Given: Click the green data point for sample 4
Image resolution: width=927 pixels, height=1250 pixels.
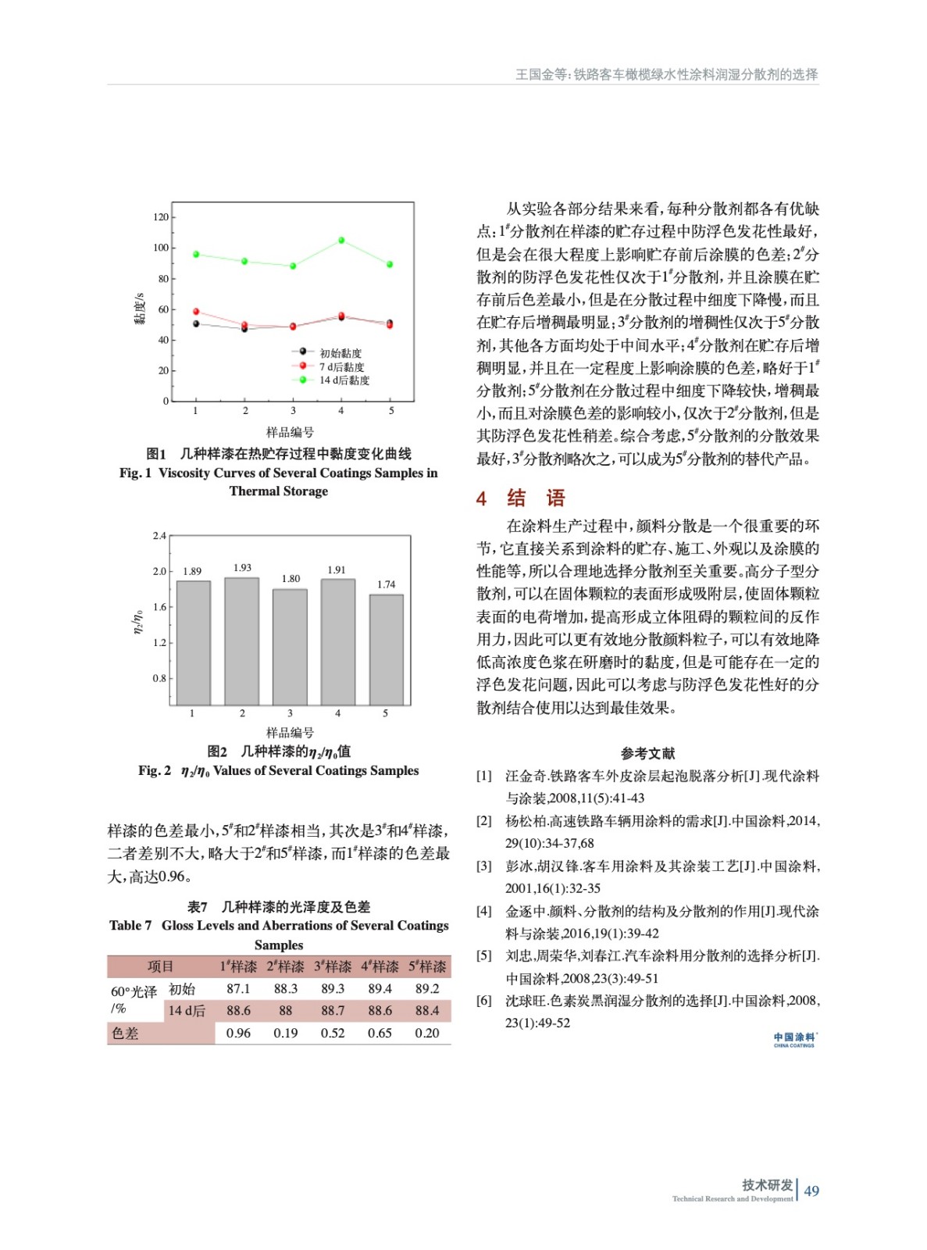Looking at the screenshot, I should [x=341, y=241].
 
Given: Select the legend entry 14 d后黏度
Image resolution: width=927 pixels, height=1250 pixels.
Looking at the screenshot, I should [x=344, y=380].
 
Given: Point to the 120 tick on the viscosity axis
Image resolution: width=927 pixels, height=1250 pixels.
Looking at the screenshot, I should [x=161, y=217].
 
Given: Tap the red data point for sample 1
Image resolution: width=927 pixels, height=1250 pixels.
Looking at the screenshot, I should [x=196, y=312].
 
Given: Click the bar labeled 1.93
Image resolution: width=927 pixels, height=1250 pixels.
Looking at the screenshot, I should [x=242, y=641].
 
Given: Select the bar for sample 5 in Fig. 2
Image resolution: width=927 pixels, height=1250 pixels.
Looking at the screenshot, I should [x=386, y=649].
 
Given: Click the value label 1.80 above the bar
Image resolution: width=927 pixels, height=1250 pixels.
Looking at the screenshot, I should [x=291, y=579].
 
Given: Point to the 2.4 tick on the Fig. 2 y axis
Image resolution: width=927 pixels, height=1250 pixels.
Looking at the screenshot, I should [x=159, y=536].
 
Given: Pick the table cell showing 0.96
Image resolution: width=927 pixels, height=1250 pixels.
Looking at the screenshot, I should [x=238, y=1033].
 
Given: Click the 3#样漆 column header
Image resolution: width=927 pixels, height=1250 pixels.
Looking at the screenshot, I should [x=333, y=966].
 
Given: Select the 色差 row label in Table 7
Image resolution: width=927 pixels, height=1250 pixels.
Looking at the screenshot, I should [x=125, y=1033].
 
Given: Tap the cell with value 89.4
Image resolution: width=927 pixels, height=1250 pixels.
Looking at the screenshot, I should [x=380, y=988].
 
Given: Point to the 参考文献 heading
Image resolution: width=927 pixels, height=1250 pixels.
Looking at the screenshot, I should [x=647, y=753].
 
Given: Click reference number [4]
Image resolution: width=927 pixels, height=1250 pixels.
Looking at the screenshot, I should [x=484, y=911].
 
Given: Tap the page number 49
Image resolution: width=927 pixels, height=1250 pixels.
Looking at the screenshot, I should [x=811, y=1191].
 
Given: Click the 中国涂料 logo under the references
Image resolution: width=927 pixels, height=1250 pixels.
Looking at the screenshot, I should [x=794, y=1040].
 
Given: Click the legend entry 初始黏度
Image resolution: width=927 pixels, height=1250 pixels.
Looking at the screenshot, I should [x=340, y=353].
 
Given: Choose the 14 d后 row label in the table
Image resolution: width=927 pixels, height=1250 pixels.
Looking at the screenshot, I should [x=187, y=1011].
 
